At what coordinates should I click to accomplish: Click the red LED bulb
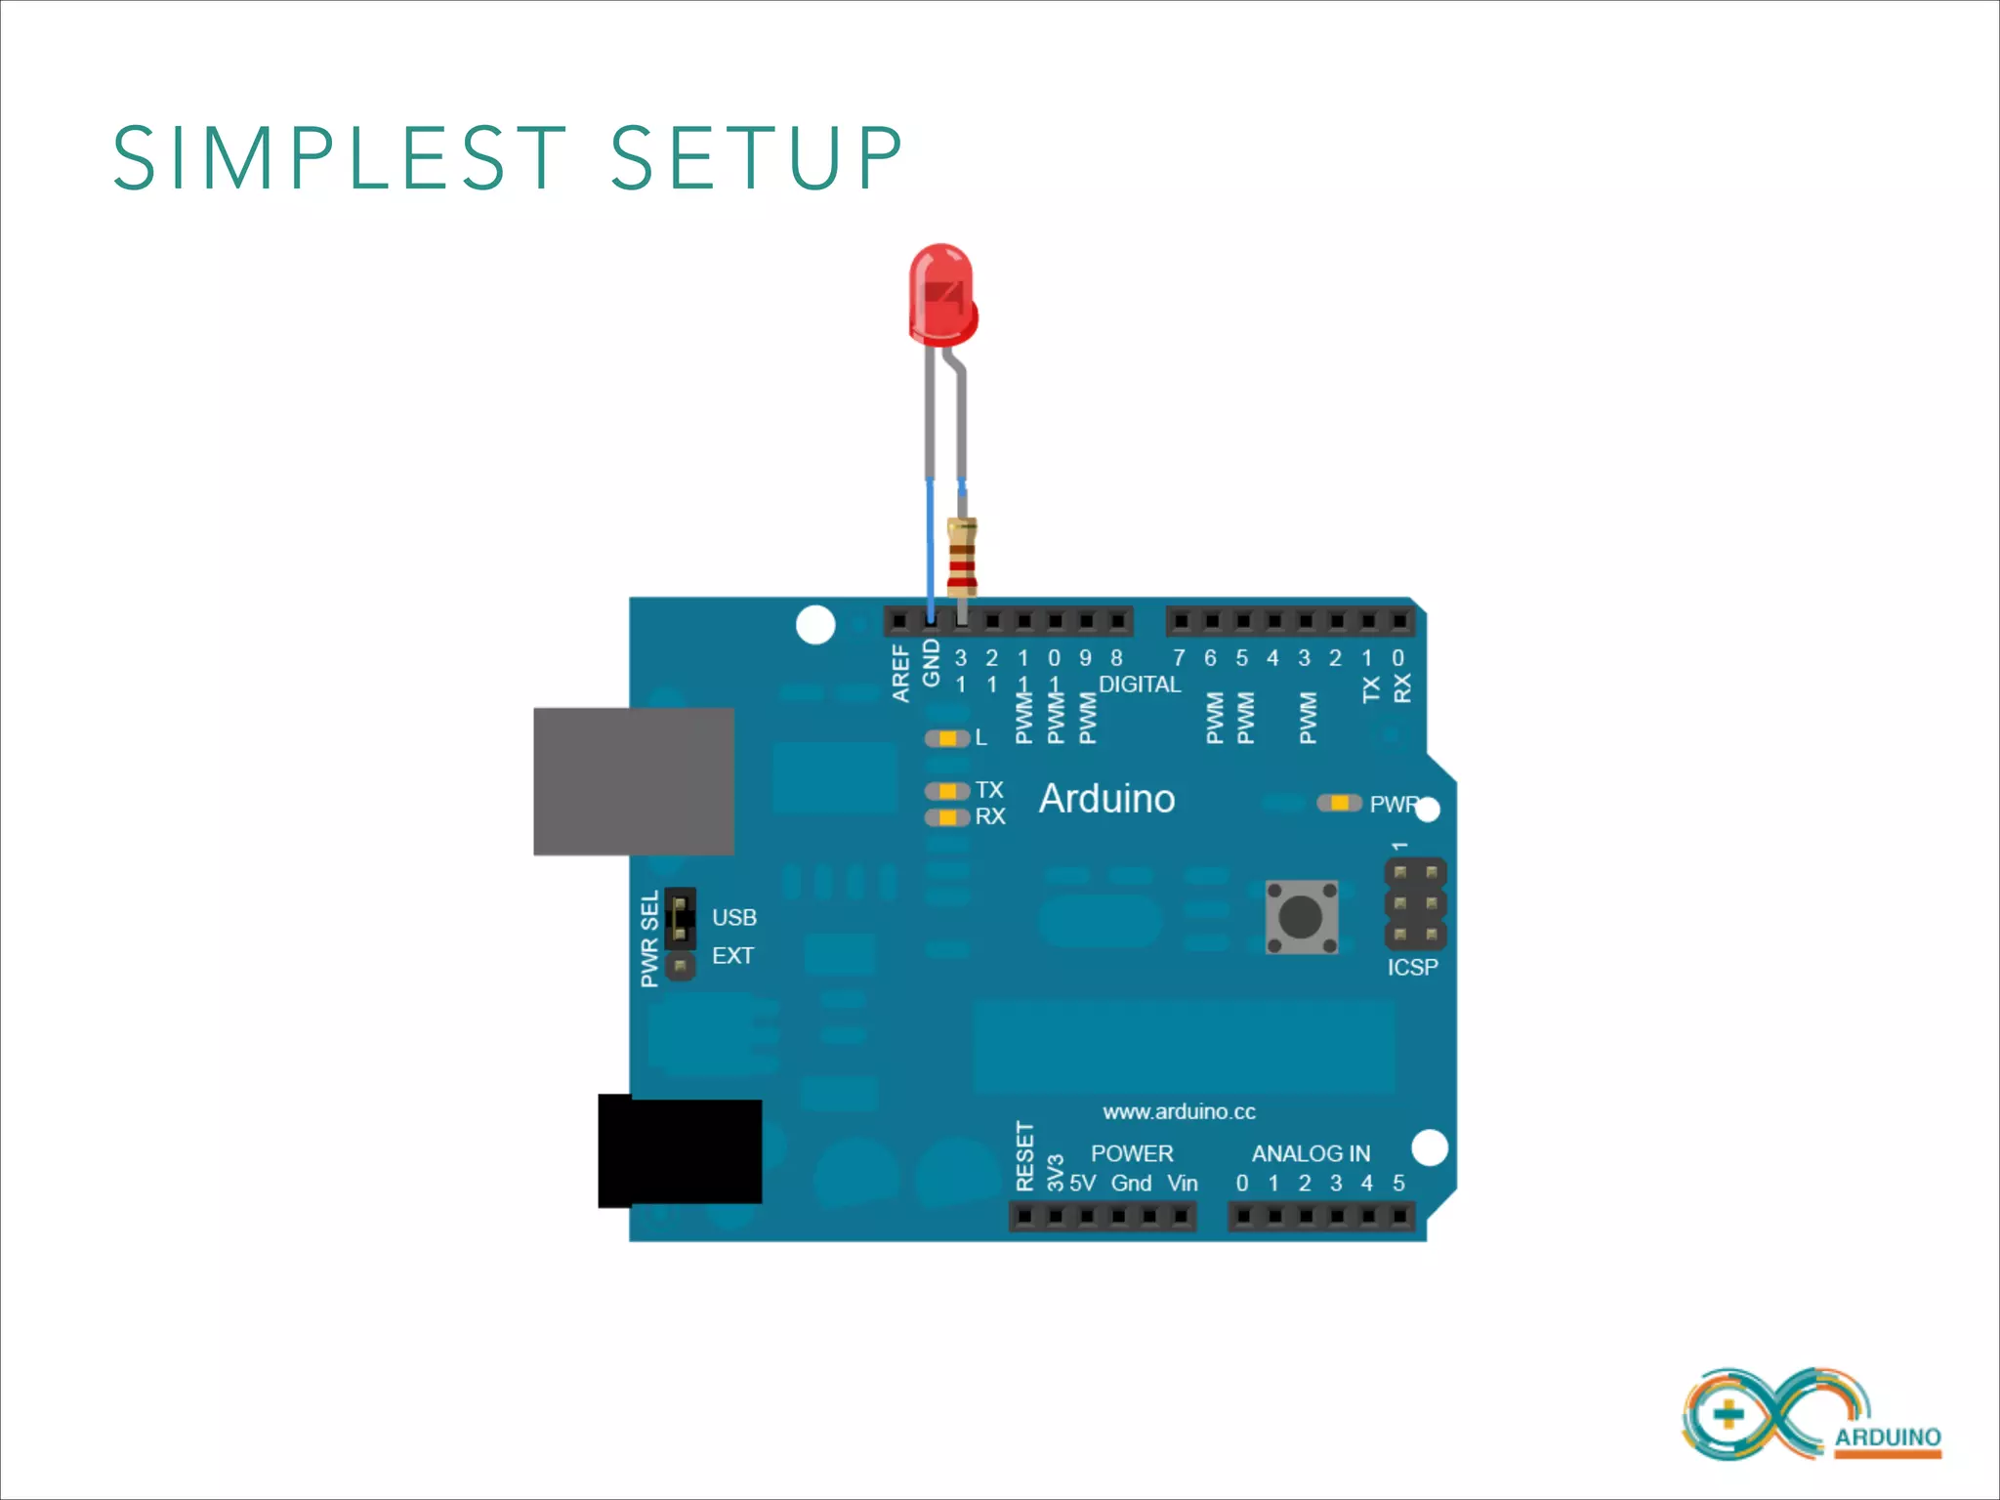(941, 294)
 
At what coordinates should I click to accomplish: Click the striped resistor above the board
(962, 558)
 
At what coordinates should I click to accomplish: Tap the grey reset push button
(1301, 917)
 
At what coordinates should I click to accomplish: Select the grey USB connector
(634, 781)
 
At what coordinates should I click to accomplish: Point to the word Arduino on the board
(1106, 799)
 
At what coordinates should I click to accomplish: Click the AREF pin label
(900, 672)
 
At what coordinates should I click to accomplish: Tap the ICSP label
(1412, 967)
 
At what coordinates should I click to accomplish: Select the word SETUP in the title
(757, 158)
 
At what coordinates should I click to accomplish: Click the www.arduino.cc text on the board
(1179, 1111)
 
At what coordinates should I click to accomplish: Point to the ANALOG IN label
(1311, 1153)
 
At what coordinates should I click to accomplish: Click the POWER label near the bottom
(1132, 1153)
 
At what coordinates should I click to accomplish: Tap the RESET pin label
(1024, 1156)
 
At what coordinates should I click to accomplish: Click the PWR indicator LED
(1339, 803)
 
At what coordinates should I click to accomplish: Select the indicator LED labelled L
(946, 738)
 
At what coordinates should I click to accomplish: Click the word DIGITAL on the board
(1140, 685)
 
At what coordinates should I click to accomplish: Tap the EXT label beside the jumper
(732, 955)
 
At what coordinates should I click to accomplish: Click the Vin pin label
(1183, 1184)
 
